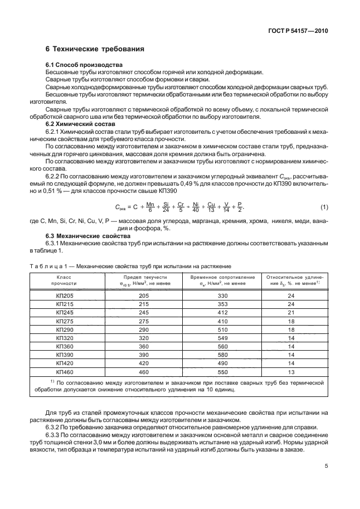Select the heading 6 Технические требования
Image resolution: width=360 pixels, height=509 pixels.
(95, 49)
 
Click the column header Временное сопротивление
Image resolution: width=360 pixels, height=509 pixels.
(223, 280)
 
